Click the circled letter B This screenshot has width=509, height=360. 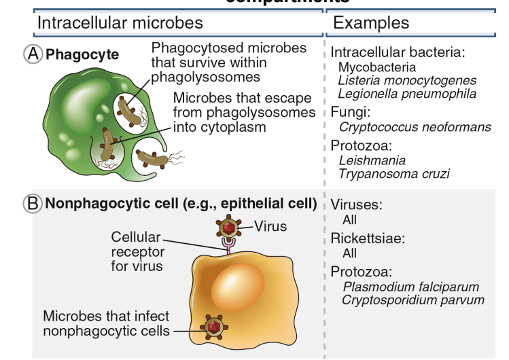pos(33,203)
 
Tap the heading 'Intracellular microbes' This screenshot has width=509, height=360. pos(120,22)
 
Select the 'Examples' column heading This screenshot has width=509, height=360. pos(371,22)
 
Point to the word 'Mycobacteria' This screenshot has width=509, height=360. pos(377,67)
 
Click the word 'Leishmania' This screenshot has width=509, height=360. pos(372,160)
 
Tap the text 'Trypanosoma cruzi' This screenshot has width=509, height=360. pos(393,173)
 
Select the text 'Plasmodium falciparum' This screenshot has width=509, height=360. pos(410,287)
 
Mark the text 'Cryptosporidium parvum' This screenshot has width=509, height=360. pos(413,300)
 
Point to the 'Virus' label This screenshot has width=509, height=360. pos(270,226)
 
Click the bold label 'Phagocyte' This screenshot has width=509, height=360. pos(82,54)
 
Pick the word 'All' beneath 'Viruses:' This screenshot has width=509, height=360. pos(349,220)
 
